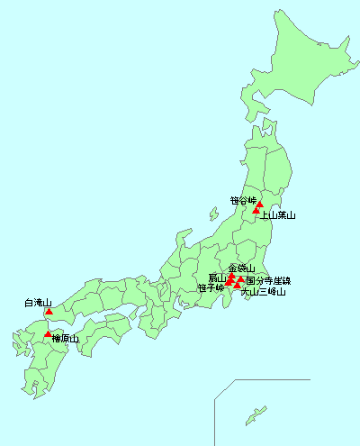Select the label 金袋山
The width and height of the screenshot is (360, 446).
coord(242,269)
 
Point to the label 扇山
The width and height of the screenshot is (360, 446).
coord(217,278)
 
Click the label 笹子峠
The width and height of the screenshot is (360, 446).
coord(211,288)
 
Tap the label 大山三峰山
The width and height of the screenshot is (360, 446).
coord(264,292)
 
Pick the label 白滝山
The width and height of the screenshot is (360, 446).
coord(38,304)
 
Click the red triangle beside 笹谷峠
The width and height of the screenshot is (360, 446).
coord(259,205)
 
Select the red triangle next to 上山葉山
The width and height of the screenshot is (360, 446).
coord(256,212)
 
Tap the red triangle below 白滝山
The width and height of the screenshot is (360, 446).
coord(49,312)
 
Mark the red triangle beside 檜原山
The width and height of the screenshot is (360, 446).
coord(48,334)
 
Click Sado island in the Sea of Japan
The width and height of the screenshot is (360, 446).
coord(213,215)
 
